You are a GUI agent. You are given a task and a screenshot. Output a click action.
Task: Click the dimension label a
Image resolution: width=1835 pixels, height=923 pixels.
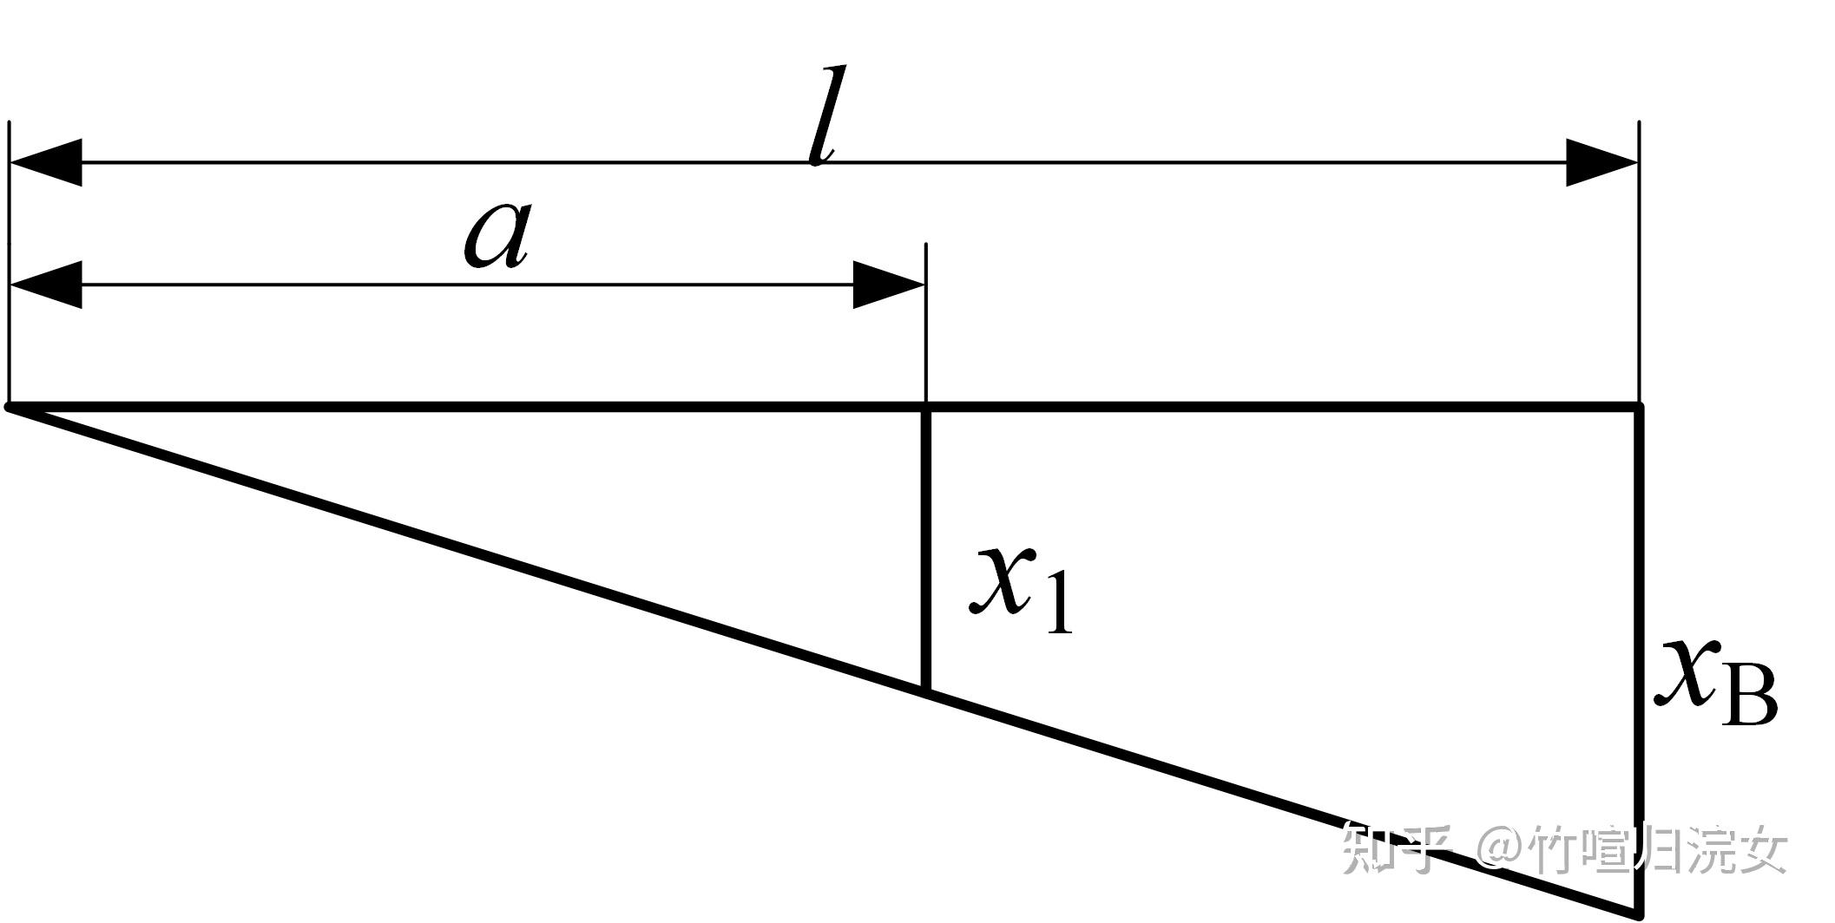(x=496, y=237)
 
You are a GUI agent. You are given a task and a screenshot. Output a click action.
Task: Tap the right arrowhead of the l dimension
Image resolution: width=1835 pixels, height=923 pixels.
(x=1602, y=162)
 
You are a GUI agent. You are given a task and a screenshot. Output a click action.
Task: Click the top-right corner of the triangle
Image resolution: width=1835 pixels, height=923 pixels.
(x=1639, y=406)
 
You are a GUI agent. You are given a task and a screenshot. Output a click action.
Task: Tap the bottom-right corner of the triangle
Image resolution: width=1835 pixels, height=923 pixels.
(x=1638, y=913)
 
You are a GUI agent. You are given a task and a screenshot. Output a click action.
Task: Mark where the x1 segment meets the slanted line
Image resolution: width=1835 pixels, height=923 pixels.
(x=926, y=691)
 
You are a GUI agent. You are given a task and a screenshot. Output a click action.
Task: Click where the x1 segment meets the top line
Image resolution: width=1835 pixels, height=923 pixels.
(x=926, y=406)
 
